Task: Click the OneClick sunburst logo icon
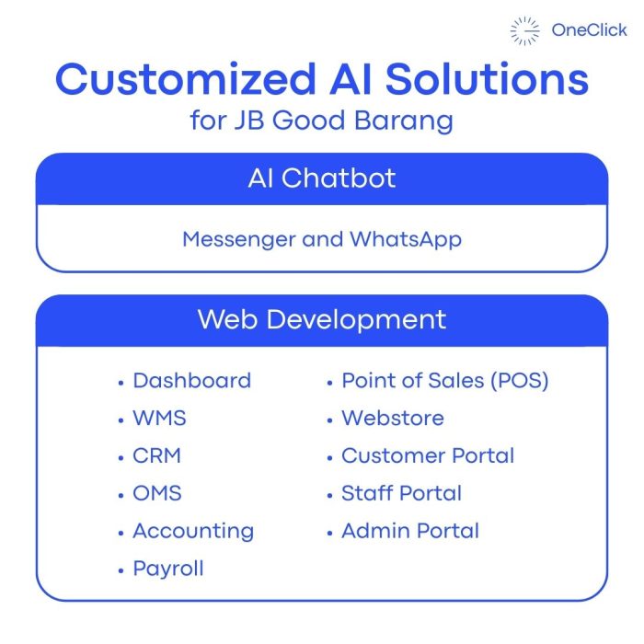coord(525,30)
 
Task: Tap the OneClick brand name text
coord(589,30)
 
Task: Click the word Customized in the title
coord(186,79)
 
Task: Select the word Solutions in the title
coord(487,79)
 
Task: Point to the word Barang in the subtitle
coord(404,121)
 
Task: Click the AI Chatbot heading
coord(322,178)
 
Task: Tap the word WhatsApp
coord(406,240)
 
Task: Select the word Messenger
coord(239,240)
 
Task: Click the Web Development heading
coord(322,319)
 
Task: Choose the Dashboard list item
coord(191,380)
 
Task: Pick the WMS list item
coord(159,418)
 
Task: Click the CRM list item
coord(157,455)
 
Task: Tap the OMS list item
coord(157,493)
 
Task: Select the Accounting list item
coord(193,532)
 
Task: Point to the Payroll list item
coord(168,569)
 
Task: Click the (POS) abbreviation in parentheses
coord(520,381)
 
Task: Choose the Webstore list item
coord(393,418)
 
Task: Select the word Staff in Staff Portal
coord(367,493)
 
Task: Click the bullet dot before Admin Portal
coord(329,534)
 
